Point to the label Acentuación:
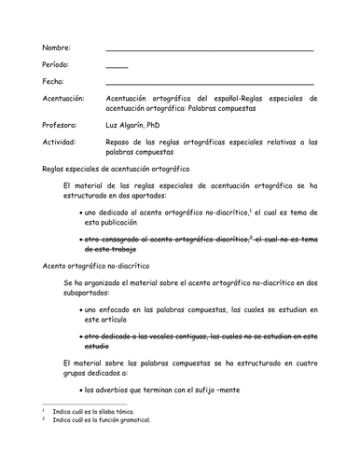pyautogui.click(x=64, y=99)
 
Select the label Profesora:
pyautogui.click(x=61, y=125)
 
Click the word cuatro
pyautogui.click(x=304, y=360)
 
